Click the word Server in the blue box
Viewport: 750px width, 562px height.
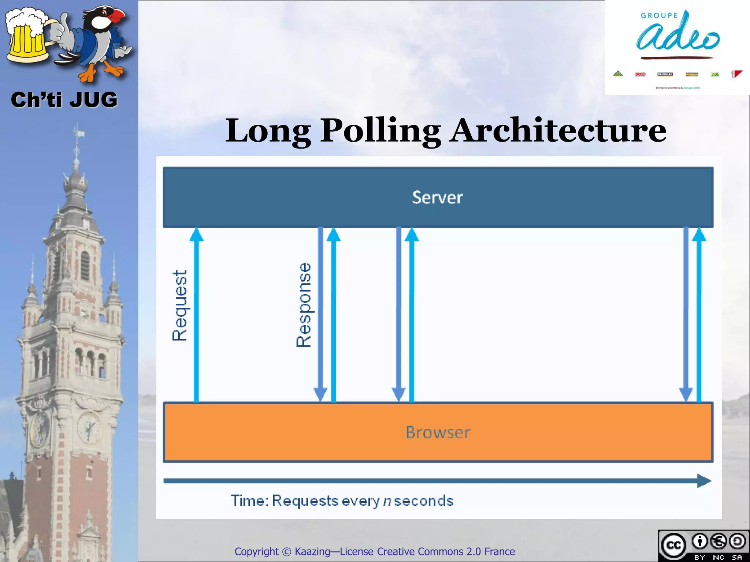[437, 198]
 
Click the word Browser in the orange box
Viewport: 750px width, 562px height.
[438, 432]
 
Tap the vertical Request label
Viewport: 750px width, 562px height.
[180, 306]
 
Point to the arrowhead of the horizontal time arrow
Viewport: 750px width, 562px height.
[703, 481]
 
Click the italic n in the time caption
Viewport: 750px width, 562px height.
[387, 501]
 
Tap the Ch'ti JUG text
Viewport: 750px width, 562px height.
[64, 100]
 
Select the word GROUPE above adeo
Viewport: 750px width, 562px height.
[659, 16]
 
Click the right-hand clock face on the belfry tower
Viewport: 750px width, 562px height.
[89, 427]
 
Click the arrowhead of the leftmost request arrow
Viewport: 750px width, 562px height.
[196, 234]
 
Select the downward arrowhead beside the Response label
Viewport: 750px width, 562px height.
[320, 394]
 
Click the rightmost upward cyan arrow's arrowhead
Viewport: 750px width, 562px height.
[699, 234]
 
